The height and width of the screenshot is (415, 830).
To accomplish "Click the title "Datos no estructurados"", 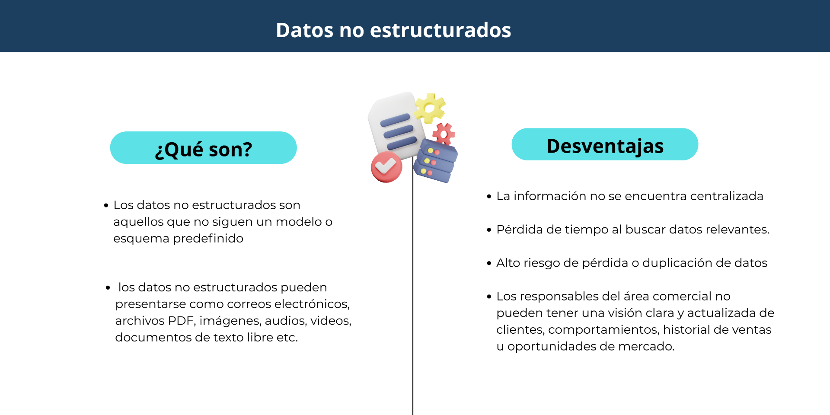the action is point(393,30).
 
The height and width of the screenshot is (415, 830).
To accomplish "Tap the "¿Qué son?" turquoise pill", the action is point(203,148).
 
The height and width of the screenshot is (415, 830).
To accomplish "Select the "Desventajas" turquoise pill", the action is point(605,144).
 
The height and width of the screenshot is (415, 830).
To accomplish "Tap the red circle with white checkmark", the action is point(386,167).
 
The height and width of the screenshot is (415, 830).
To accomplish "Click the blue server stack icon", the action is point(435,161).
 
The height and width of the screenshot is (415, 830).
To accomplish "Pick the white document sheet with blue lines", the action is point(394,125).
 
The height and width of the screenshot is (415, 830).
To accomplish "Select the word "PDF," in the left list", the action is point(182,321).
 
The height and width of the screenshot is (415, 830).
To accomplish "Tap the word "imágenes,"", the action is point(230,321).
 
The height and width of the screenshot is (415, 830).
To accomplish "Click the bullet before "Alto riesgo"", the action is point(489,263).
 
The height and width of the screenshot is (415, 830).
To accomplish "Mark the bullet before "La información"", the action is point(489,197).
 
